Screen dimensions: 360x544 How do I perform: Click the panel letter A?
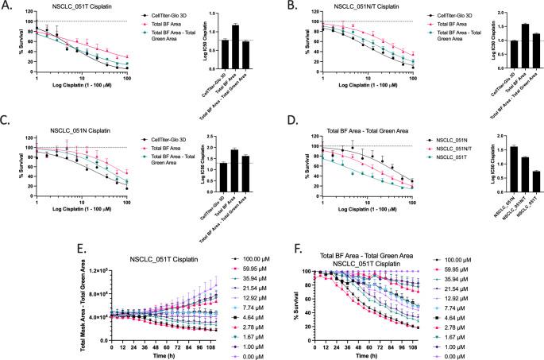tap(7, 6)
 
